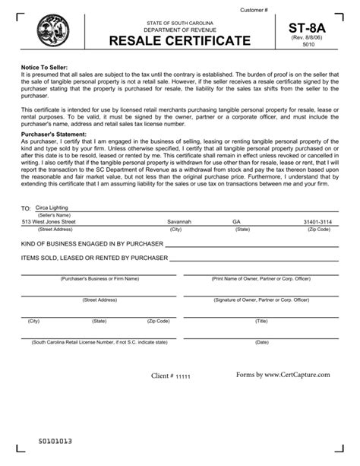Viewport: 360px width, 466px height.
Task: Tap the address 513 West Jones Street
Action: point(49,221)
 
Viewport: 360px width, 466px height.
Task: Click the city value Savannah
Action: point(179,221)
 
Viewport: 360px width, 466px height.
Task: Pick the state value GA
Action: point(236,221)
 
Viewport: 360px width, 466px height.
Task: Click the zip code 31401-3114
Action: point(316,221)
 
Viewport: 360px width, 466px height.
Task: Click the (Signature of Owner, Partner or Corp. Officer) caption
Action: point(261,300)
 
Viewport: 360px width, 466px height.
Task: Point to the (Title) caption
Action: point(261,321)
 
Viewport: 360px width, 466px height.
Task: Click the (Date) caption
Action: point(261,342)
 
